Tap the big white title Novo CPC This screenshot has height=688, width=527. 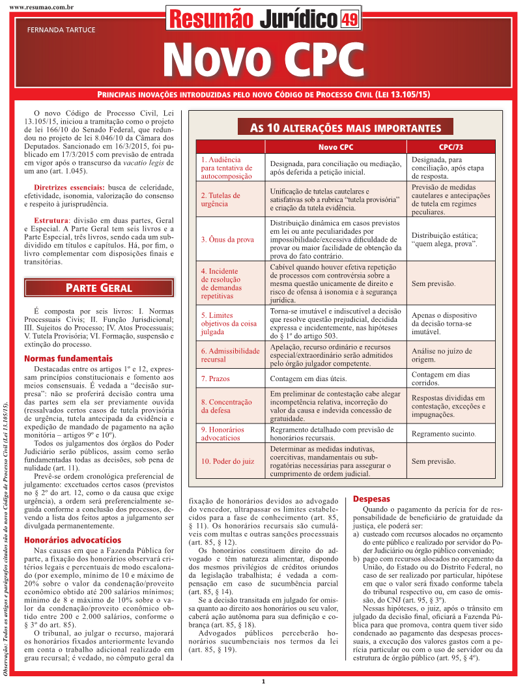pyautogui.click(x=263, y=60)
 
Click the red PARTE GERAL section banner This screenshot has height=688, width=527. pyautogui.click(x=99, y=287)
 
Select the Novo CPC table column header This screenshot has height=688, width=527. pyautogui.click(x=336, y=147)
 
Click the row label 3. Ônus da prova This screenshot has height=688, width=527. pyautogui.click(x=227, y=240)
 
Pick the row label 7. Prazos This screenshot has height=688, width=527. pyautogui.click(x=215, y=379)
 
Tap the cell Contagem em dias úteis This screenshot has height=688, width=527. pyautogui.click(x=308, y=379)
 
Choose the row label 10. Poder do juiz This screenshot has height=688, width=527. pyautogui.click(x=227, y=461)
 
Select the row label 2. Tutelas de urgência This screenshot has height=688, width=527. pyautogui.click(x=220, y=199)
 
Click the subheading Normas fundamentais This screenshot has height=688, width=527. pyautogui.click(x=68, y=358)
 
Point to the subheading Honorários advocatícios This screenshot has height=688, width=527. pyautogui.click(x=72, y=540)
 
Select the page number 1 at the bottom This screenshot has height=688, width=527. pyautogui.click(x=263, y=681)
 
